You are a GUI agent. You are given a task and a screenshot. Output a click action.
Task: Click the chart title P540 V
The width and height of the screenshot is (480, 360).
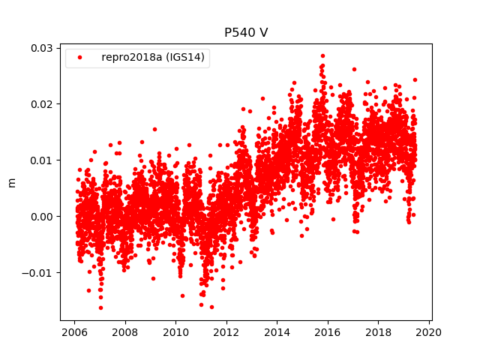pyautogui.click(x=246, y=33)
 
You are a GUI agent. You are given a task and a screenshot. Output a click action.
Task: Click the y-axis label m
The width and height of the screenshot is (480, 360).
pyautogui.click(x=11, y=182)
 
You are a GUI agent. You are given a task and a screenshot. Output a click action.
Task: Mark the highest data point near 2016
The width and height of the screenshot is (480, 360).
pyautogui.click(x=322, y=55)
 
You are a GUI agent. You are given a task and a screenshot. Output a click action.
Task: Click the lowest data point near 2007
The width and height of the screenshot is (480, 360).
pyautogui.click(x=100, y=307)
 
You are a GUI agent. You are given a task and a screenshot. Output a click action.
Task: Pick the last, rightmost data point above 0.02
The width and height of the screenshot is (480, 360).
pyautogui.click(x=415, y=79)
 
